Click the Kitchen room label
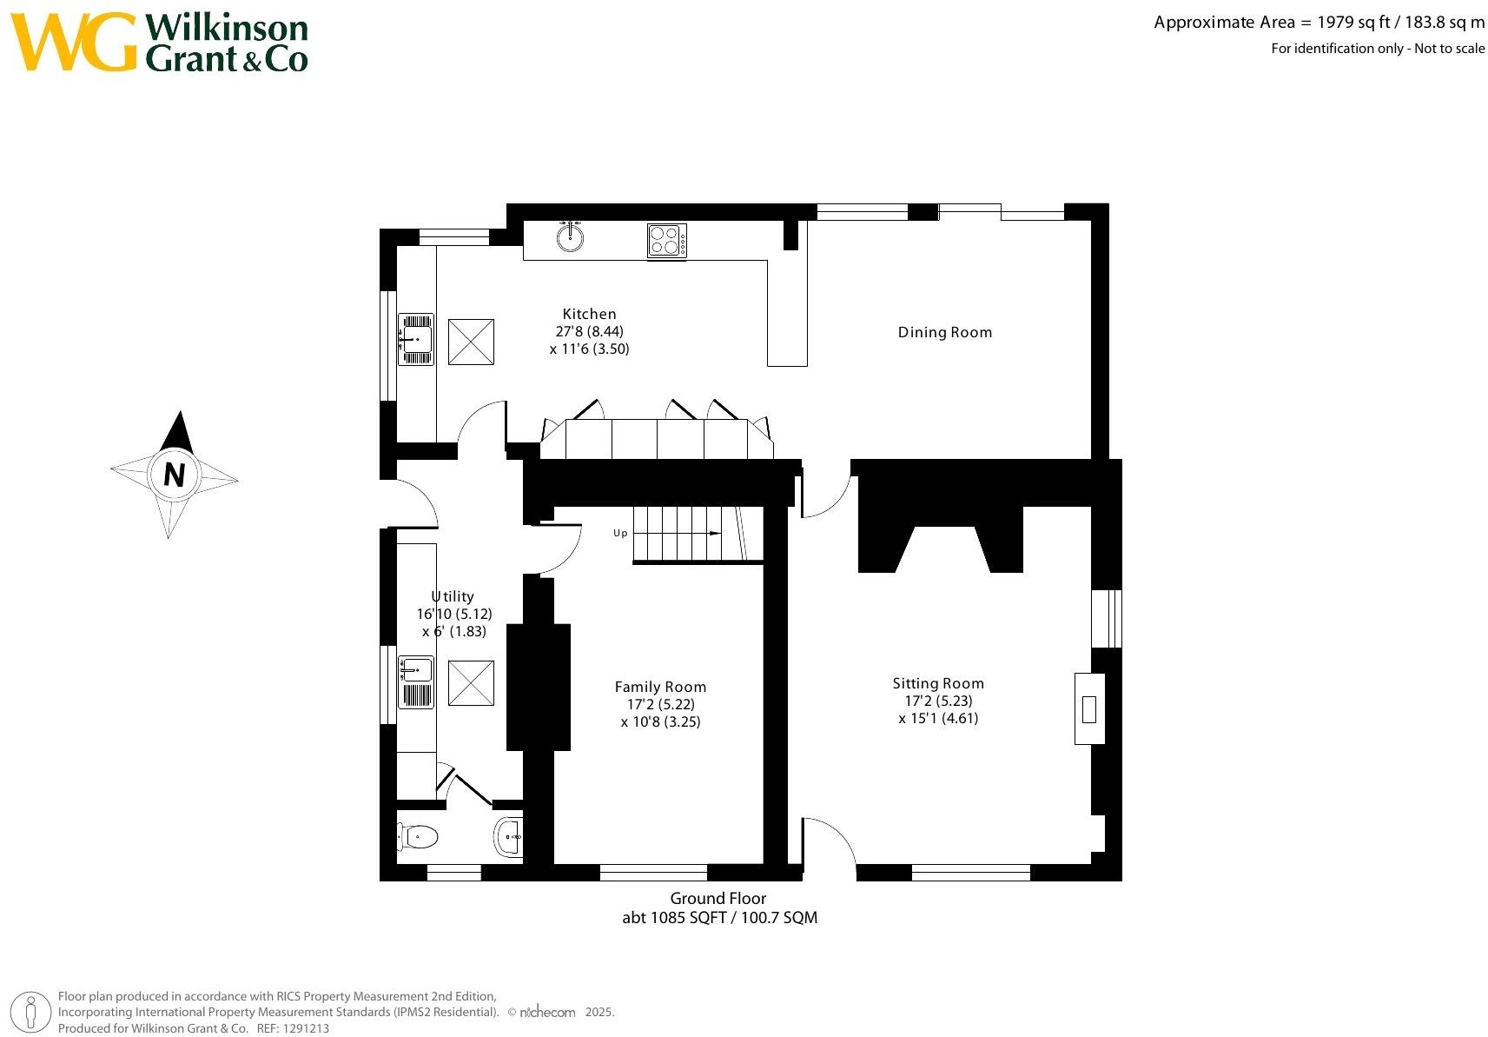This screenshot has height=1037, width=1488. coord(589,314)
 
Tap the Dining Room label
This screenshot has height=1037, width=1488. coord(944,332)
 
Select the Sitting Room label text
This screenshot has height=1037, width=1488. coord(938,683)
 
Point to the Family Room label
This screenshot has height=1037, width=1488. coord(660,687)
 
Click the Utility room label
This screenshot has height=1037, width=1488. coord(453,596)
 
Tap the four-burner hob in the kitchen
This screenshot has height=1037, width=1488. coord(666,240)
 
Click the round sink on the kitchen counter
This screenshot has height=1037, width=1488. coord(570,236)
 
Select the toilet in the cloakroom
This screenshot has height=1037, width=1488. coord(419,837)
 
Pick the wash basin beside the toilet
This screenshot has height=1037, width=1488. coord(509,837)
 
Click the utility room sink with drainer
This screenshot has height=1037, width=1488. coord(416,681)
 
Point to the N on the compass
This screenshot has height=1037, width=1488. coord(175,475)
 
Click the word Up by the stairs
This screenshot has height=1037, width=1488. coord(620,533)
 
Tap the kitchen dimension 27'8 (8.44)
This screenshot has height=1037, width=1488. coord(589,331)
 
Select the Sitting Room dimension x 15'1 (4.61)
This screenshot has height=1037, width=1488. coord(938,718)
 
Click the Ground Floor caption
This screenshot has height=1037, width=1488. coord(718,898)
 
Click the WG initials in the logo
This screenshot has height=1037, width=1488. coord(74,42)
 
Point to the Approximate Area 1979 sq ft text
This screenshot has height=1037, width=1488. coord(1319,23)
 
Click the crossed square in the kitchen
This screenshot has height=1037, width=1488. coord(471,342)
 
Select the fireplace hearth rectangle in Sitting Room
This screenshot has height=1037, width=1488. coord(1089,708)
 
